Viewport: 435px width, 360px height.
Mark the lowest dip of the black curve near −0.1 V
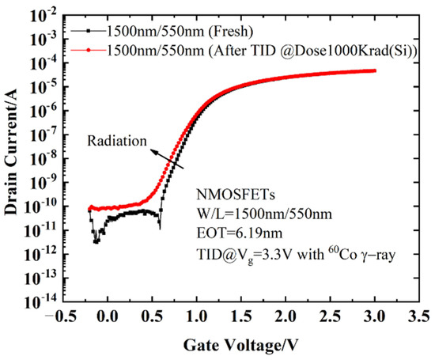(x=96, y=241)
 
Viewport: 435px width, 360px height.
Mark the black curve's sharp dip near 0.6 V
(x=159, y=227)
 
